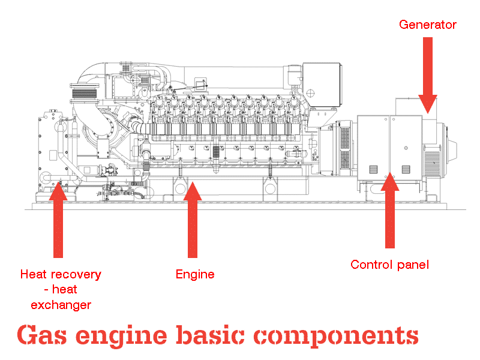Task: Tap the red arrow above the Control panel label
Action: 390,210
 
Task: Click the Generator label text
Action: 427,25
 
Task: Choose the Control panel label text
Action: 389,265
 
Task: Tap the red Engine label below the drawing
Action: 195,275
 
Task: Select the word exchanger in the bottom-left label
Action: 61,305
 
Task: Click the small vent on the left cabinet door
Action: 373,169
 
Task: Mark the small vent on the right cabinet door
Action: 406,169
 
